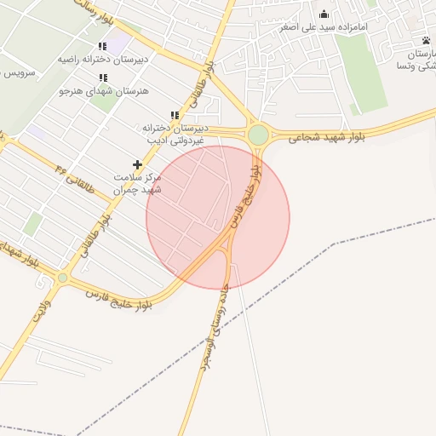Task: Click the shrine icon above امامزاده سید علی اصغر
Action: [324, 14]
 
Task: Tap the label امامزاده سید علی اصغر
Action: [324, 27]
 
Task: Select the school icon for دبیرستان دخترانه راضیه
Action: [102, 47]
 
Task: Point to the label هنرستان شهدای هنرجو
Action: [103, 90]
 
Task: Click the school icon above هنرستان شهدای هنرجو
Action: [103, 78]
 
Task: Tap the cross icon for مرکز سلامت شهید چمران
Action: [137, 163]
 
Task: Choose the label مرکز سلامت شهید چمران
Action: [137, 182]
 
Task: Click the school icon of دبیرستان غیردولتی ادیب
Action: [175, 115]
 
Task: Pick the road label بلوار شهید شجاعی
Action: [326, 136]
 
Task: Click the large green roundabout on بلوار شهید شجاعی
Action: [258, 135]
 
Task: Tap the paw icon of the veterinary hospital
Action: [426, 40]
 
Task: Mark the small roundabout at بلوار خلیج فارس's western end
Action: [62, 278]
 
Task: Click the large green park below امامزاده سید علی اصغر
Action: [361, 72]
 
